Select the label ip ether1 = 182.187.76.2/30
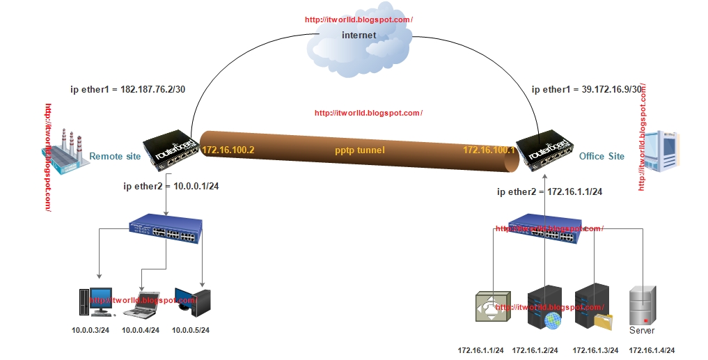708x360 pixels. click(x=127, y=90)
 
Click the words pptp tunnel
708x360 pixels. click(x=359, y=150)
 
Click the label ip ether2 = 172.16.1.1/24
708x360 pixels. click(x=549, y=191)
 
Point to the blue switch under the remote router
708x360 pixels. click(x=166, y=230)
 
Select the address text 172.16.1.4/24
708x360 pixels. click(x=652, y=350)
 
